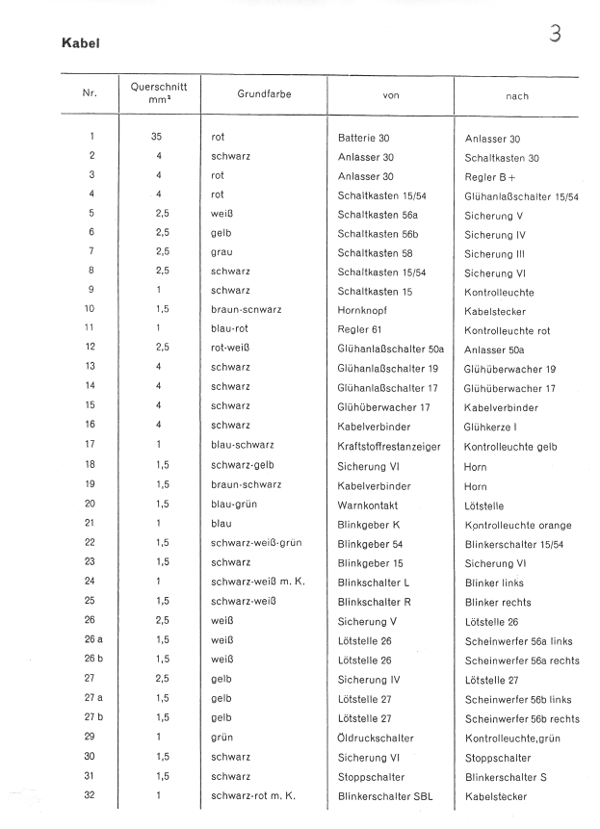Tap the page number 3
point(555,34)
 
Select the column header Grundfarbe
point(263,94)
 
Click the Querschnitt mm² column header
point(158,93)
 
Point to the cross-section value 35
point(157,138)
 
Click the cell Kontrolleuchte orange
point(517,526)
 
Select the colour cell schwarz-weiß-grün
point(256,543)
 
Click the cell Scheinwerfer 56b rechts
point(522,718)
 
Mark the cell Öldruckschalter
point(376,738)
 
